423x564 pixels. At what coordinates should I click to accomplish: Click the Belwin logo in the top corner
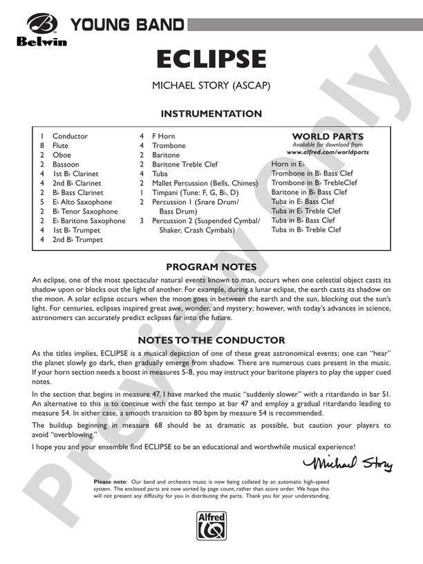[x=40, y=30]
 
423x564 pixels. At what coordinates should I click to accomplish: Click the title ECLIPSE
[x=211, y=59]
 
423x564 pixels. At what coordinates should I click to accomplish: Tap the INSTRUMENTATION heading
[x=211, y=114]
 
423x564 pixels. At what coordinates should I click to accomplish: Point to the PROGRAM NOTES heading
[x=211, y=267]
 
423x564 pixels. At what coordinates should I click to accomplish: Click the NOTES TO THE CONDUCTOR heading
[x=211, y=340]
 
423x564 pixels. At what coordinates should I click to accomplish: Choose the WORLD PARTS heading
[x=328, y=136]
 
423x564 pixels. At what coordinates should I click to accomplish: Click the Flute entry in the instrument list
[x=60, y=146]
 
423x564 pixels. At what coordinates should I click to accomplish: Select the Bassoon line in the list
[x=65, y=164]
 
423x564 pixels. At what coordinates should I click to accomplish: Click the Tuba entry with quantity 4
[x=160, y=174]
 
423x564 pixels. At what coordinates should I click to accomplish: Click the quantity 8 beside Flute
[x=42, y=146]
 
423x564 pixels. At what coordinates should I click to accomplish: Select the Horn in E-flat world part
[x=288, y=164]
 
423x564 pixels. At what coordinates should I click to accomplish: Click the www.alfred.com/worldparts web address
[x=328, y=151]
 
